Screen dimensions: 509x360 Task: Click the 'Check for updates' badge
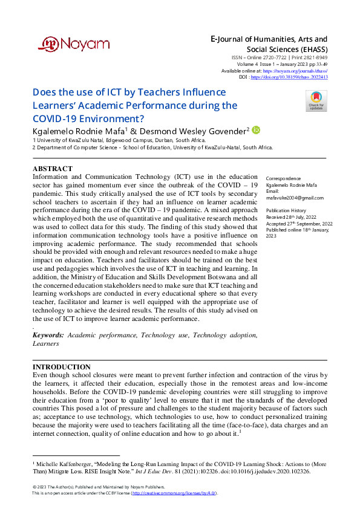tap(316, 100)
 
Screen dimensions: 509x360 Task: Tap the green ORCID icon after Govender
tap(256, 129)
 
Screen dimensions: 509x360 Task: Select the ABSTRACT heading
tap(52, 169)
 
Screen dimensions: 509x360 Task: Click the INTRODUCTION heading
tap(61, 367)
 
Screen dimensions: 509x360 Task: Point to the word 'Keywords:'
tap(48, 335)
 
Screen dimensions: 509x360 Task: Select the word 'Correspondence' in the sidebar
tap(284, 179)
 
